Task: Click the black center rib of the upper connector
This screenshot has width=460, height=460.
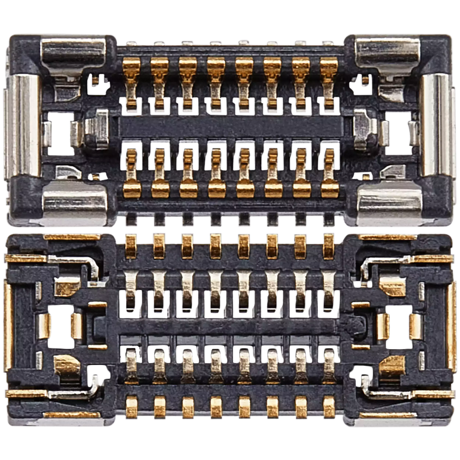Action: click(230, 127)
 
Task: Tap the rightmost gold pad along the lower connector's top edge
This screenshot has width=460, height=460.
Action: click(329, 246)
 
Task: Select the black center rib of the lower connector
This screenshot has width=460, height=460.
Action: click(230, 325)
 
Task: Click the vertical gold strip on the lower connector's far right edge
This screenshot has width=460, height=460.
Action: click(452, 330)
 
